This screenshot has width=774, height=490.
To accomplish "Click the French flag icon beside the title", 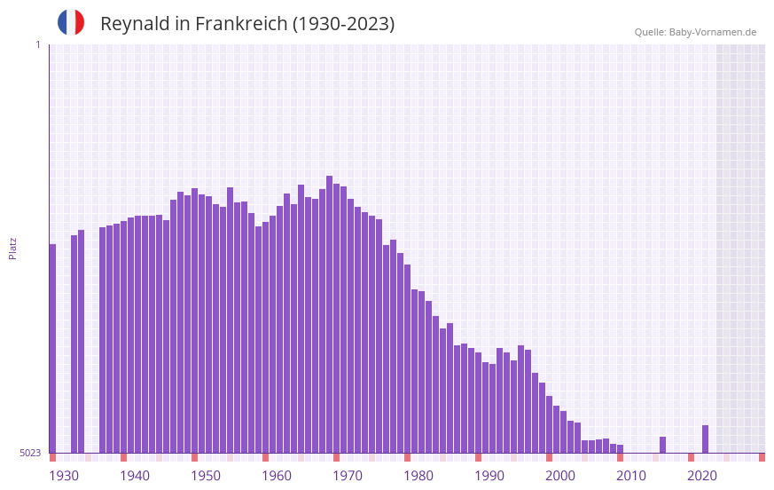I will tap(71, 23).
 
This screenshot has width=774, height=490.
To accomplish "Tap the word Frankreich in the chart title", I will tap(238, 24).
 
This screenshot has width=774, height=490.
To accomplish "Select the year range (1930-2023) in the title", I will tap(343, 24).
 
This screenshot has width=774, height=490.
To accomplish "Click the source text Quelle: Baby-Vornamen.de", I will tap(695, 32).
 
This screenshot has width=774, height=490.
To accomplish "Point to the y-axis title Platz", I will tap(12, 248).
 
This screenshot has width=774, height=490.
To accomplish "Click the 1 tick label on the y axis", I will tap(37, 44).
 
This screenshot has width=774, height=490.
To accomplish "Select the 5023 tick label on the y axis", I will tap(30, 453).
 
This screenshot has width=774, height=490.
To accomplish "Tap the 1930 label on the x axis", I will tap(64, 475).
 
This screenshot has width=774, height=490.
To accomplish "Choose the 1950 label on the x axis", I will tap(206, 475).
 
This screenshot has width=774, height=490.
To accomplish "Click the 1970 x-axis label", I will tap(348, 475).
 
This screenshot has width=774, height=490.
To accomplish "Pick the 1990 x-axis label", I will tap(489, 475).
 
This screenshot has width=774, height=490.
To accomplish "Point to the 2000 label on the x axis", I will tap(560, 475).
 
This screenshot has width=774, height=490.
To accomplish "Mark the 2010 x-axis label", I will tap(631, 475).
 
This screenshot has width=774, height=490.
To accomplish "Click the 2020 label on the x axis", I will tap(702, 475).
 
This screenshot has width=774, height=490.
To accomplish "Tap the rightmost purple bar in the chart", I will tap(706, 439).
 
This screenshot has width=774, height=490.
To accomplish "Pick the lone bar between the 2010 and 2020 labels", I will tap(663, 444).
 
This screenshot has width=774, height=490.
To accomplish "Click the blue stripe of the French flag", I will tap(63, 23).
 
